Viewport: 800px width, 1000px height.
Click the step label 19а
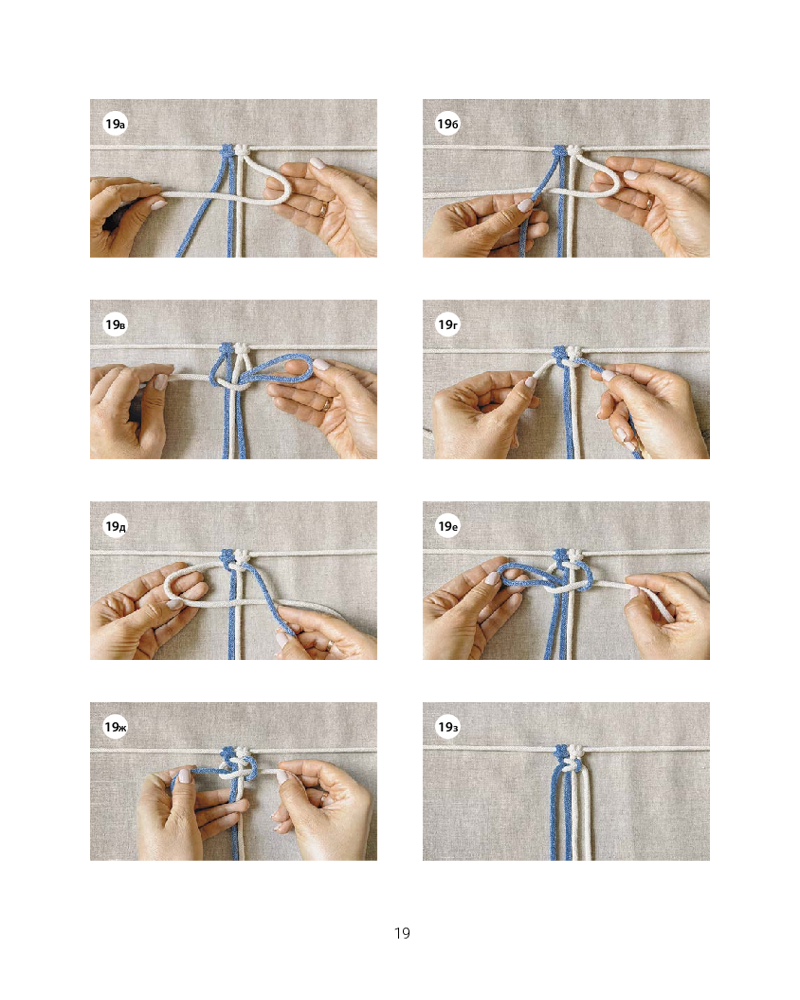pos(115,124)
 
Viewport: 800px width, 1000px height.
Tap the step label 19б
pos(448,124)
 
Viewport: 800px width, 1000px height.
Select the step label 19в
pos(115,325)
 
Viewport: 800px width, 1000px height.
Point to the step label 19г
pos(448,325)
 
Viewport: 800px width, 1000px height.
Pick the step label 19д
pos(115,526)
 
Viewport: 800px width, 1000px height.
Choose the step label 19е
pos(448,526)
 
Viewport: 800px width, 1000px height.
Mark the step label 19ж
pos(115,727)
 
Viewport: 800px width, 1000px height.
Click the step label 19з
pos(448,727)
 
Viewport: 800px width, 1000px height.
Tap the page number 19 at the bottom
pos(402,933)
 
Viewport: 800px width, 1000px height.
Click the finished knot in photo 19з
pos(569,756)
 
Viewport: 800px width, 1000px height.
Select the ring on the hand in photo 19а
pos(323,208)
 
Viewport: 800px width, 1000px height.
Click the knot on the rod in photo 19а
pos(233,151)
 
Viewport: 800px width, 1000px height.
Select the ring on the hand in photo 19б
pos(649,203)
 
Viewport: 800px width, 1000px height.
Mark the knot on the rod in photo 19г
pos(568,353)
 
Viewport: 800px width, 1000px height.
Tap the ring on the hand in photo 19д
pos(329,645)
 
